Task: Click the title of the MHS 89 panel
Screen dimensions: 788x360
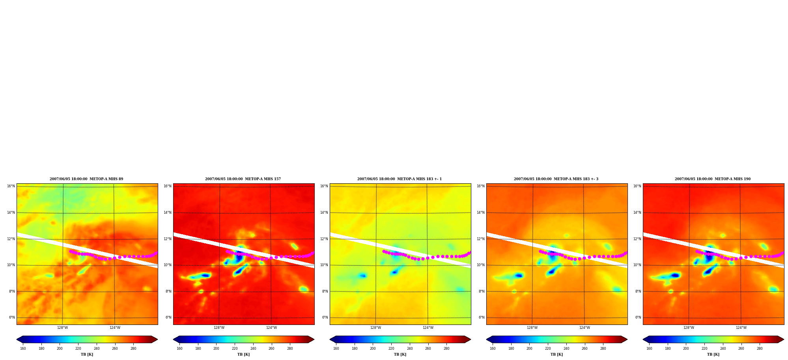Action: (86, 179)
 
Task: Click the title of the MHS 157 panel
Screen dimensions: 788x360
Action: (243, 179)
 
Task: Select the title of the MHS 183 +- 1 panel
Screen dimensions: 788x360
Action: (400, 179)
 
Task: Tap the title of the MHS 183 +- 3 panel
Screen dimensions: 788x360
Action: (556, 179)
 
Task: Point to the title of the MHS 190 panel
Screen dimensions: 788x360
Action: (713, 179)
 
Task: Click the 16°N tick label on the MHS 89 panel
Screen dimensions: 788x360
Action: (11, 186)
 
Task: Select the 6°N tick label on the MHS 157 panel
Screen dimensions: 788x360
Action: (168, 317)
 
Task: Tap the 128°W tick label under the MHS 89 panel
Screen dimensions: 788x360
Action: (62, 328)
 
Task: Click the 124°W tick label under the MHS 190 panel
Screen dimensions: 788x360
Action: (741, 328)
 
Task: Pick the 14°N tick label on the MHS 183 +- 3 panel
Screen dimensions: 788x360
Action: (480, 213)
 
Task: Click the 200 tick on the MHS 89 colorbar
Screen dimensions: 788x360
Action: (60, 349)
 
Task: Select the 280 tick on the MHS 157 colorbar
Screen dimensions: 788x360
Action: (290, 349)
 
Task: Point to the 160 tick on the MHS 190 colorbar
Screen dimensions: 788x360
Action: (649, 349)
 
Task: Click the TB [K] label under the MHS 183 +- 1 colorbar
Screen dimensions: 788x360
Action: (400, 354)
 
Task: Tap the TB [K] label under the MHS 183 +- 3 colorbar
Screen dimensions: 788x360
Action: (556, 354)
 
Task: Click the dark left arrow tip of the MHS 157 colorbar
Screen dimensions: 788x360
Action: (174, 339)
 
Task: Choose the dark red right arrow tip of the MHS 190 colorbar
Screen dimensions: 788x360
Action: (784, 339)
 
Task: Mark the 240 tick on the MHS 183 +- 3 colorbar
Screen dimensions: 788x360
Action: (566, 349)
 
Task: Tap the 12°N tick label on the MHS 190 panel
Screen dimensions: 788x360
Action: (637, 239)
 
